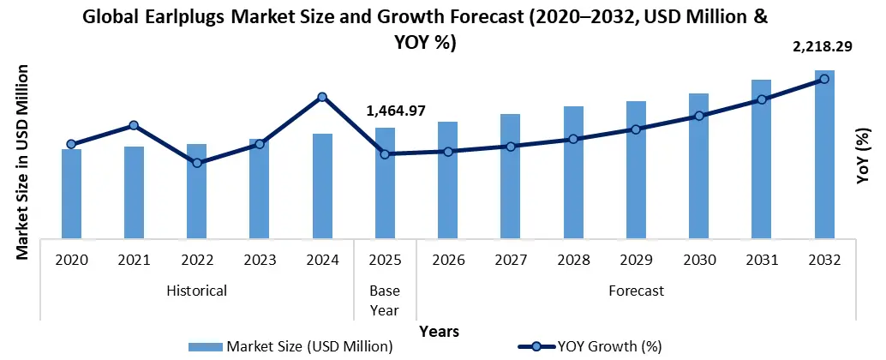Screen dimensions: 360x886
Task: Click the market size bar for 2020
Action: pyautogui.click(x=71, y=194)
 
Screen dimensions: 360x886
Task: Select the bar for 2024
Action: pyautogui.click(x=322, y=186)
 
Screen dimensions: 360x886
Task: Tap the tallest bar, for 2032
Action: pyautogui.click(x=824, y=154)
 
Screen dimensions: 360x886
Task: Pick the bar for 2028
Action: pyautogui.click(x=573, y=172)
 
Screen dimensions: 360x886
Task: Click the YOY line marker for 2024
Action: pyautogui.click(x=322, y=97)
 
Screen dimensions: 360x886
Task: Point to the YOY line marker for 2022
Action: pyautogui.click(x=197, y=162)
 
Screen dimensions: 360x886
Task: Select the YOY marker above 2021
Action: pyautogui.click(x=135, y=126)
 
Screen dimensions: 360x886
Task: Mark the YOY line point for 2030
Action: pyautogui.click(x=699, y=116)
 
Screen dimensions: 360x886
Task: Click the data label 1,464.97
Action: pyautogui.click(x=396, y=111)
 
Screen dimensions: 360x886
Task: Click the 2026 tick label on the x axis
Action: pyautogui.click(x=448, y=260)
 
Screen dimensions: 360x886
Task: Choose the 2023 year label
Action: pyautogui.click(x=260, y=260)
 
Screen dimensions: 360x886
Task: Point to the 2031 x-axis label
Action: pyautogui.click(x=762, y=260)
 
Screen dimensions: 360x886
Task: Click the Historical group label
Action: pyautogui.click(x=197, y=291)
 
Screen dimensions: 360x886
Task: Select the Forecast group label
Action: pyautogui.click(x=636, y=291)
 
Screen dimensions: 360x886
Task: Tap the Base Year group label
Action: pyautogui.click(x=385, y=299)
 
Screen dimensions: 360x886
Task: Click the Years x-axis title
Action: pyautogui.click(x=439, y=331)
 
